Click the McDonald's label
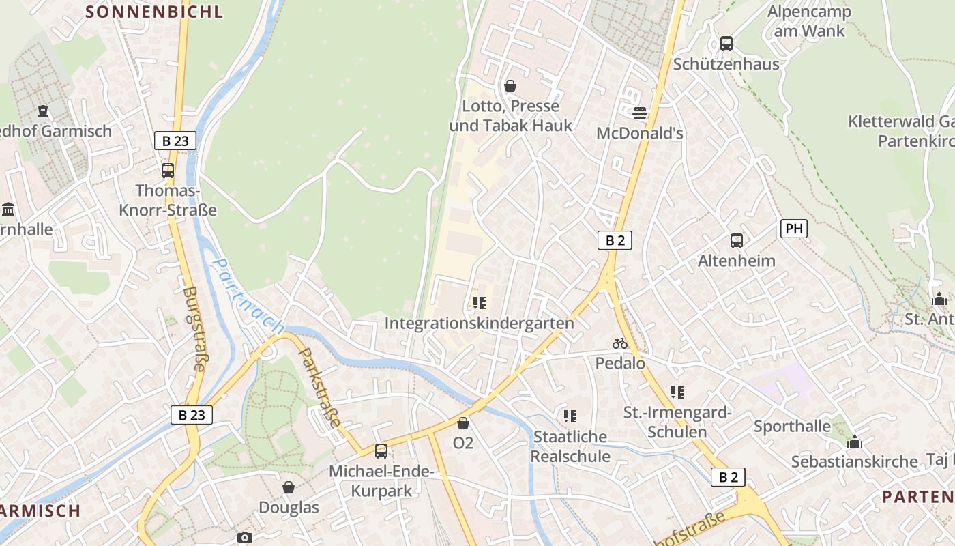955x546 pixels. (640, 133)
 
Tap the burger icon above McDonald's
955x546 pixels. (640, 113)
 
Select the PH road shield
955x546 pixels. (794, 229)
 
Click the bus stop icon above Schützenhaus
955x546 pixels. (726, 44)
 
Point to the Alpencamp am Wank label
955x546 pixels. (809, 21)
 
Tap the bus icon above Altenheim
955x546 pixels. (737, 240)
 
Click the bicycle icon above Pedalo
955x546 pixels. (620, 343)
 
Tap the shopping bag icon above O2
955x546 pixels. (463, 423)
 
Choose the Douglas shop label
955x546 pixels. (289, 508)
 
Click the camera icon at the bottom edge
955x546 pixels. (245, 538)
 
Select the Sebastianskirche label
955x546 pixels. (854, 461)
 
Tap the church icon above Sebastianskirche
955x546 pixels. (855, 442)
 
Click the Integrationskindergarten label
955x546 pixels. (480, 323)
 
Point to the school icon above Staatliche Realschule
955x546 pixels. (570, 416)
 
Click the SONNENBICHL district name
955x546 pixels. (155, 12)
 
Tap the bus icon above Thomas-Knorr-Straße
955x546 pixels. (168, 171)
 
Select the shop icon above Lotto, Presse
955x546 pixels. (510, 86)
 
